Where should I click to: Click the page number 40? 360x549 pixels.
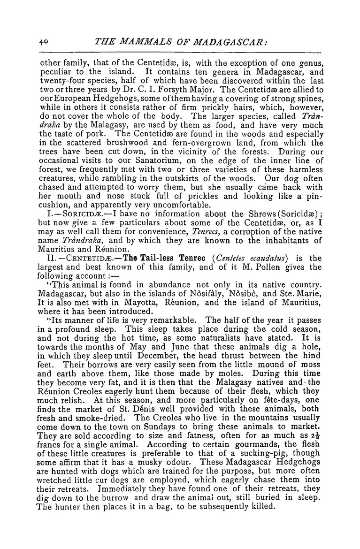tap(44, 41)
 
